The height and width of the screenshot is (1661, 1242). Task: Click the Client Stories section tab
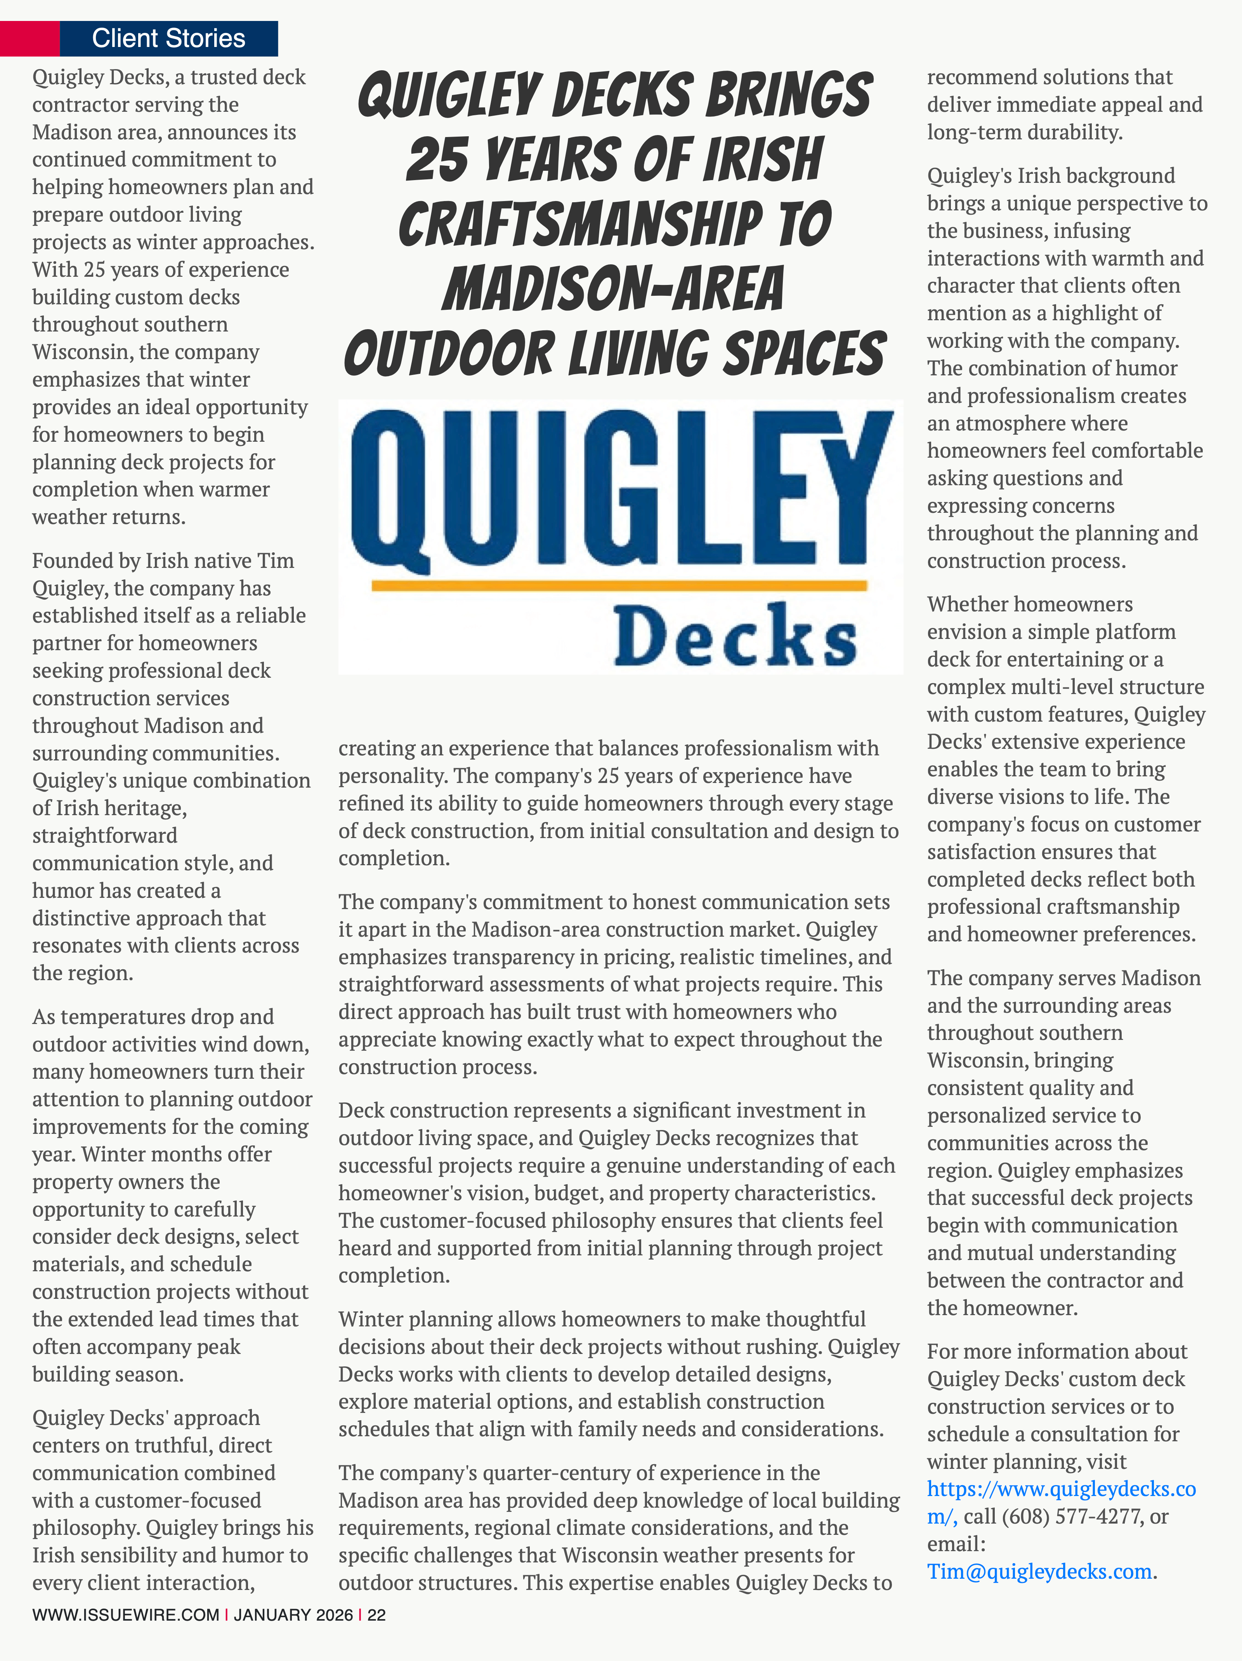click(168, 38)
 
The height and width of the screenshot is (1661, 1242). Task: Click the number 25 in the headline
click(438, 160)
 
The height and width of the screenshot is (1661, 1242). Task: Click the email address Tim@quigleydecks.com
click(1039, 1572)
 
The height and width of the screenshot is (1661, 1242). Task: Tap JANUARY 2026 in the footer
click(293, 1615)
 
